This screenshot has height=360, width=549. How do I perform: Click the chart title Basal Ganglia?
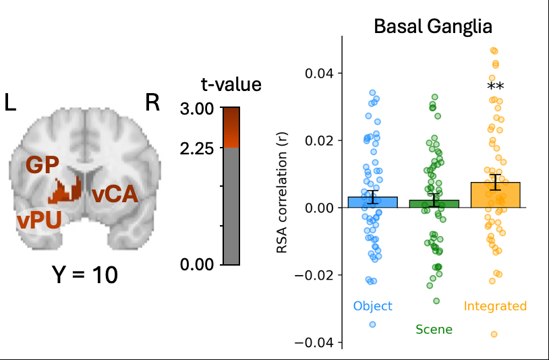(433, 27)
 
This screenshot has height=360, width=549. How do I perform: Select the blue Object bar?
(372, 202)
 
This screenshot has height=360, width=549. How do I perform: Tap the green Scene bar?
(434, 204)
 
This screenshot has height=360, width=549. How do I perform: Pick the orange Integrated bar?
(495, 195)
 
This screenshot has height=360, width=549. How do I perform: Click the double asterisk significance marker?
(496, 87)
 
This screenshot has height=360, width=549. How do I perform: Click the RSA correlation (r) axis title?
(283, 192)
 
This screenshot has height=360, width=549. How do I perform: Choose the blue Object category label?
(372, 306)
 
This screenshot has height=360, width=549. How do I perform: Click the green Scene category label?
(434, 330)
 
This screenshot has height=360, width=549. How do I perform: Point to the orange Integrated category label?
(495, 306)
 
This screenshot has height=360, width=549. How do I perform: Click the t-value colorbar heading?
(231, 85)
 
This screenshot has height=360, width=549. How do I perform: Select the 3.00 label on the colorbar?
(198, 109)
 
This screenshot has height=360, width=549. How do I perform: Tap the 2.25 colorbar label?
(198, 148)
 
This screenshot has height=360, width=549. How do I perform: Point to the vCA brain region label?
(115, 194)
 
